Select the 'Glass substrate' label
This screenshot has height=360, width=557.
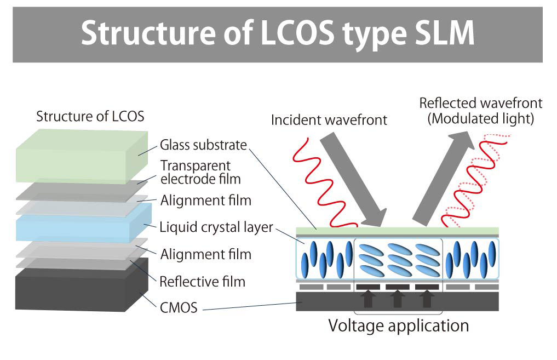click(x=203, y=145)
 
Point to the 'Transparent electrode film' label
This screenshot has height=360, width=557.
click(x=200, y=172)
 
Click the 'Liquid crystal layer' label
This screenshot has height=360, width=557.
click(x=216, y=226)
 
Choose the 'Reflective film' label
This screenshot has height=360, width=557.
click(x=202, y=282)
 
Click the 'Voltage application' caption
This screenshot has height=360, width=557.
click(x=398, y=325)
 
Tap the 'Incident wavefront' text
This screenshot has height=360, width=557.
click(x=329, y=119)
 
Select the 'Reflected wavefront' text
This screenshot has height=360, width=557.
click(x=480, y=103)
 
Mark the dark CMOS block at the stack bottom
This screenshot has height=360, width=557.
click(x=77, y=290)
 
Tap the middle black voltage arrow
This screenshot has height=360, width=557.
click(x=398, y=299)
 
